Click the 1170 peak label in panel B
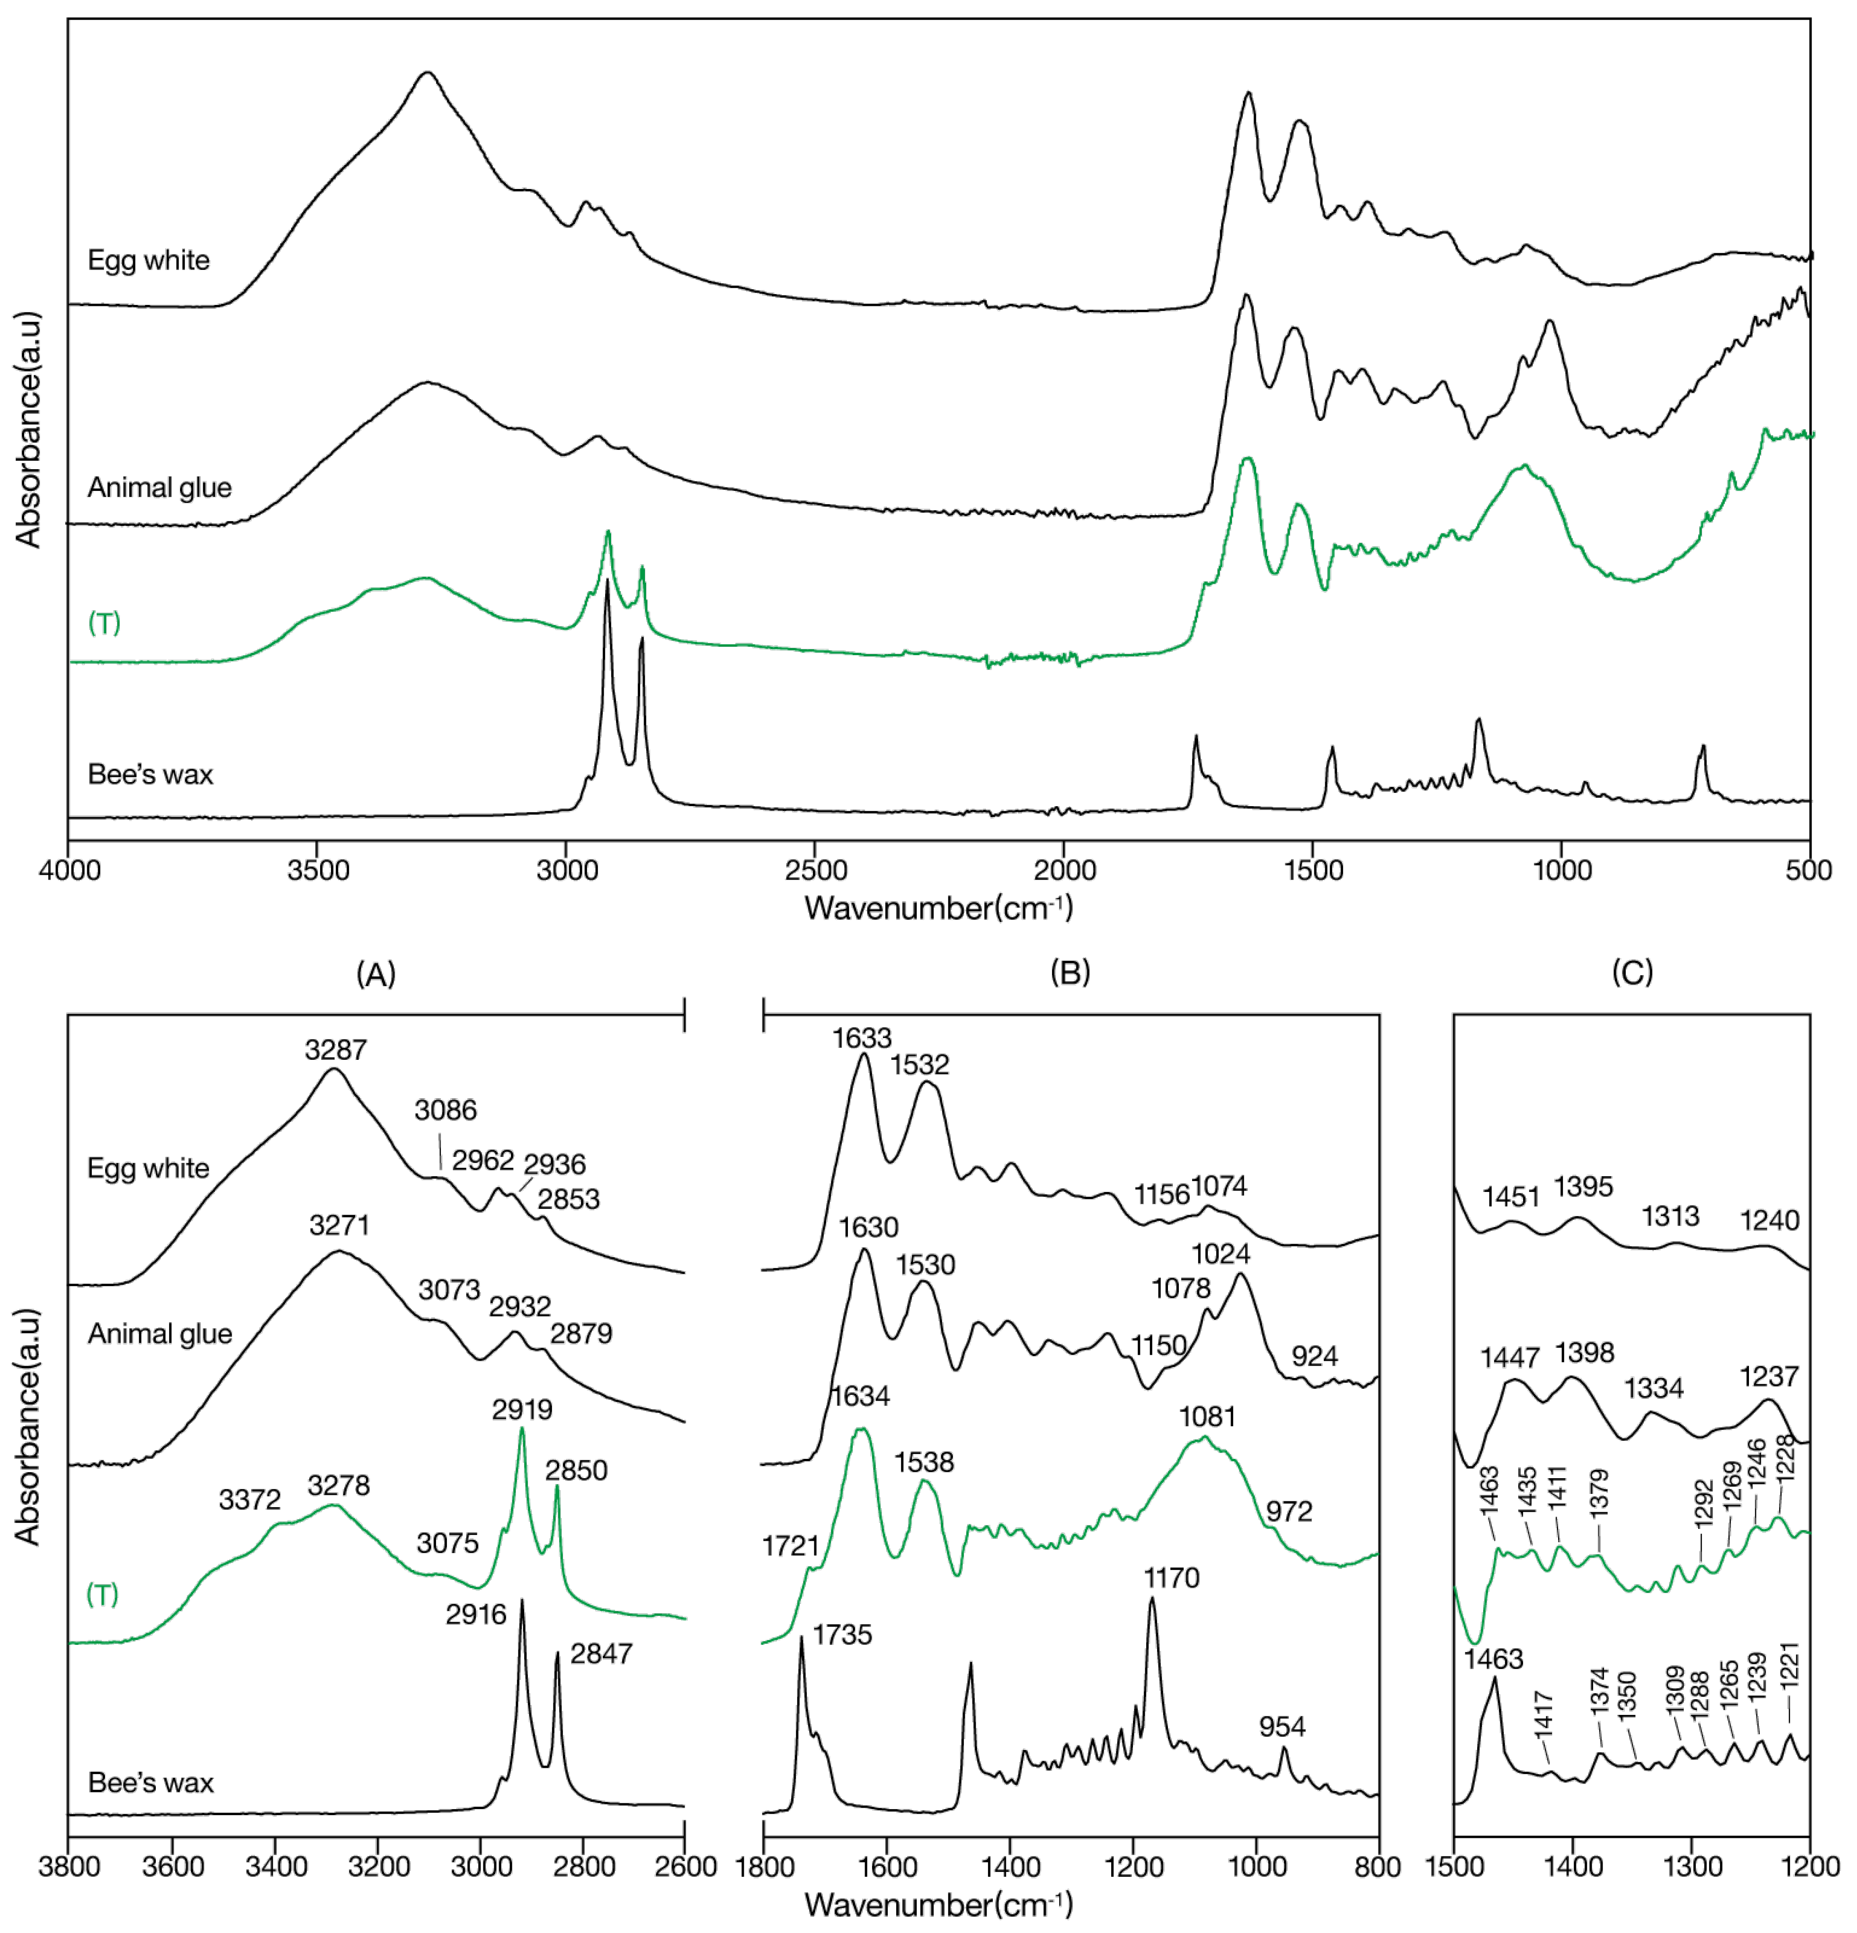[x=1171, y=1578]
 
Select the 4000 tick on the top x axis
[x=69, y=870]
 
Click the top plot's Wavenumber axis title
[x=938, y=907]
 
